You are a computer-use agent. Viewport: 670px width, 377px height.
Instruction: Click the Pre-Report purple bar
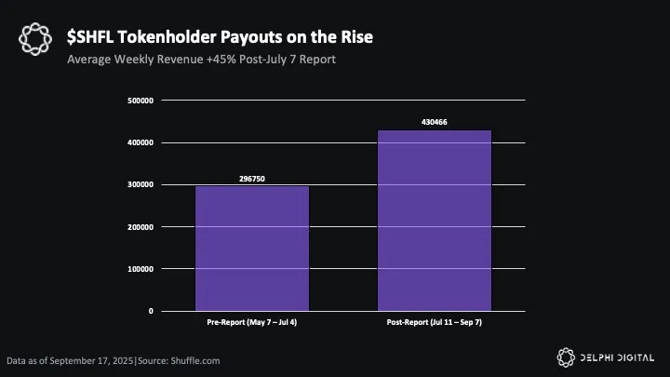click(x=251, y=248)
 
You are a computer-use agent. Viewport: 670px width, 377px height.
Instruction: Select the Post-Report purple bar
click(x=434, y=220)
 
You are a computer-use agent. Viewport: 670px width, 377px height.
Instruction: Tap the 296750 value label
click(x=251, y=178)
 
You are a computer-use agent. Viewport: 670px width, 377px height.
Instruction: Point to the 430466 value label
click(x=434, y=122)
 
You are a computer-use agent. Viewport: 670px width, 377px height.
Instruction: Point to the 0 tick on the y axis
click(x=151, y=311)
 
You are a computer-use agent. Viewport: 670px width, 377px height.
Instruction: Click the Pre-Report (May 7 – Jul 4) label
click(x=251, y=322)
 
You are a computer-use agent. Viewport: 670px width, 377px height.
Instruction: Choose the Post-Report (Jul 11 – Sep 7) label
click(x=434, y=322)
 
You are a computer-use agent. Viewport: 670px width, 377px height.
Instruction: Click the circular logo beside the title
click(x=35, y=40)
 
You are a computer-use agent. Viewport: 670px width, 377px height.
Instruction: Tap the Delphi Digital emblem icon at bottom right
click(x=565, y=357)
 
